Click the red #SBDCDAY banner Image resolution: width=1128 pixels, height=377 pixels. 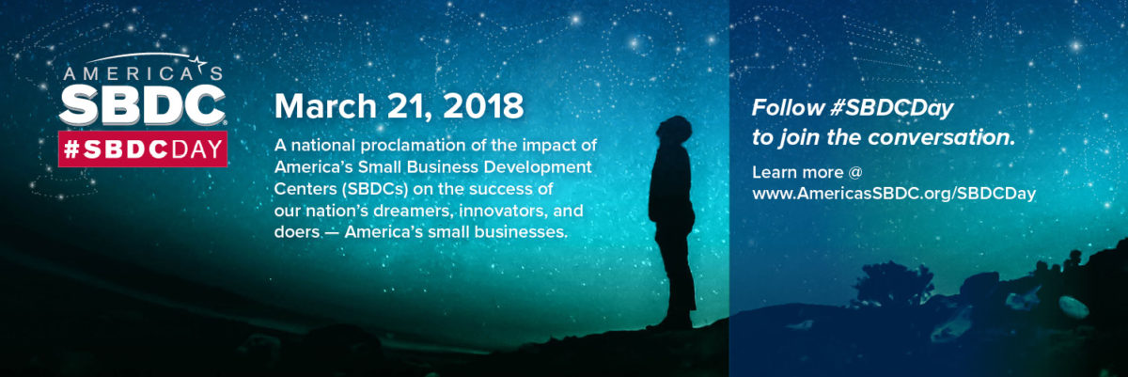[143, 149]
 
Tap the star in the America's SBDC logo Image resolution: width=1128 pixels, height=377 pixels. [200, 63]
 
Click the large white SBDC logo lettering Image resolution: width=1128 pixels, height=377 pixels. [143, 104]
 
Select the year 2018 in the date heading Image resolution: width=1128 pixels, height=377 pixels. [483, 105]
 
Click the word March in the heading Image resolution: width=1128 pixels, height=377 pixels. [325, 105]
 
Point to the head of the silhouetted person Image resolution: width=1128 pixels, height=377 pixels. [675, 130]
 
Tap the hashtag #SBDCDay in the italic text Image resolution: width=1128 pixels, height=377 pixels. [892, 109]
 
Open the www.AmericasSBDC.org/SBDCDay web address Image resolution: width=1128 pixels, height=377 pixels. [894, 194]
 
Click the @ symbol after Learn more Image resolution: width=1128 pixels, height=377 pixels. [855, 172]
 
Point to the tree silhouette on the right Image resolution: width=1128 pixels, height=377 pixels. [894, 283]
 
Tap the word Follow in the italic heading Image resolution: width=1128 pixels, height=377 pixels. [788, 108]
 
